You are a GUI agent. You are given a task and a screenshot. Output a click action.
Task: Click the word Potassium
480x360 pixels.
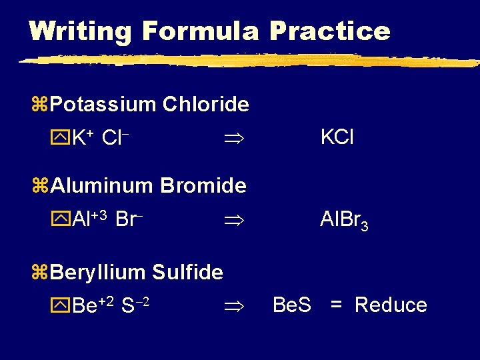click(x=103, y=105)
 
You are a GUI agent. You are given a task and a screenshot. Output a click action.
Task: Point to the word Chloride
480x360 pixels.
click(x=206, y=105)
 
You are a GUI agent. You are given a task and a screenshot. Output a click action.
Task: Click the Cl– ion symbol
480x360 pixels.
click(x=115, y=138)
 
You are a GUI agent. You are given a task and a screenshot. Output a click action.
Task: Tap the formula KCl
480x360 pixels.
click(x=337, y=137)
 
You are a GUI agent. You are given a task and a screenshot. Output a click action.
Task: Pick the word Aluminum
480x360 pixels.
click(x=103, y=185)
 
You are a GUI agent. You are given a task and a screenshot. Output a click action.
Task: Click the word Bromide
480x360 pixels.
click(x=203, y=185)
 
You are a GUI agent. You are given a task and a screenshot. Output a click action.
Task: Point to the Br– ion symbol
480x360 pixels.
click(x=126, y=219)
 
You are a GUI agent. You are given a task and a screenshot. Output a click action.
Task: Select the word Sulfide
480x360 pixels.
click(x=187, y=272)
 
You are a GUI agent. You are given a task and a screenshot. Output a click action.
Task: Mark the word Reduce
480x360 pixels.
click(x=391, y=305)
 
